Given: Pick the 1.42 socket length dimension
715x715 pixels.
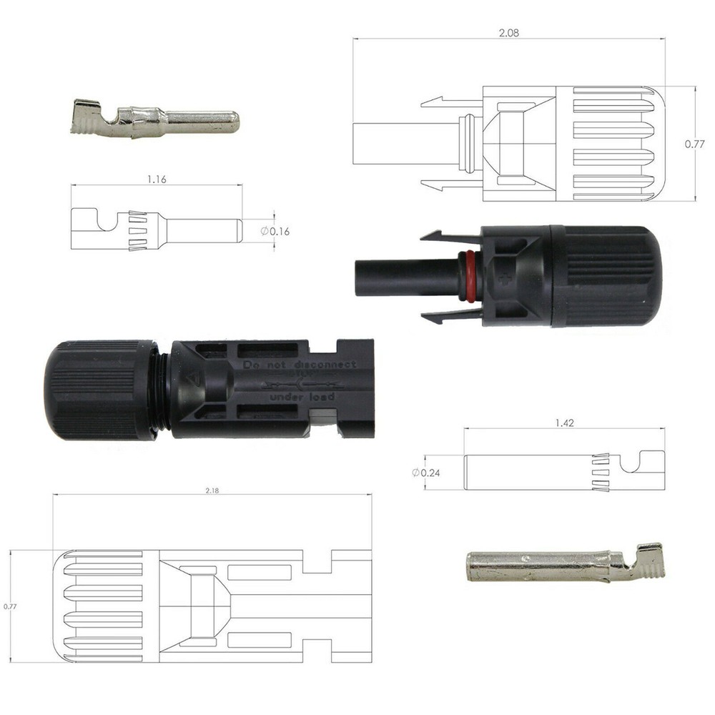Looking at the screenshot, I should coord(564,423).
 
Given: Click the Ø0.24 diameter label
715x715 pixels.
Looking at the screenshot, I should coord(425,473).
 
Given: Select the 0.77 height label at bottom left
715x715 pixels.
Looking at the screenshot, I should coord(10,606).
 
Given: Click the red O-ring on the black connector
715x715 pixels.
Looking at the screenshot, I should coord(469,276).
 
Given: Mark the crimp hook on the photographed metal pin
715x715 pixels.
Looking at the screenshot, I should coord(89,117).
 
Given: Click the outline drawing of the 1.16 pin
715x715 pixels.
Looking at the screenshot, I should coord(157,230).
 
